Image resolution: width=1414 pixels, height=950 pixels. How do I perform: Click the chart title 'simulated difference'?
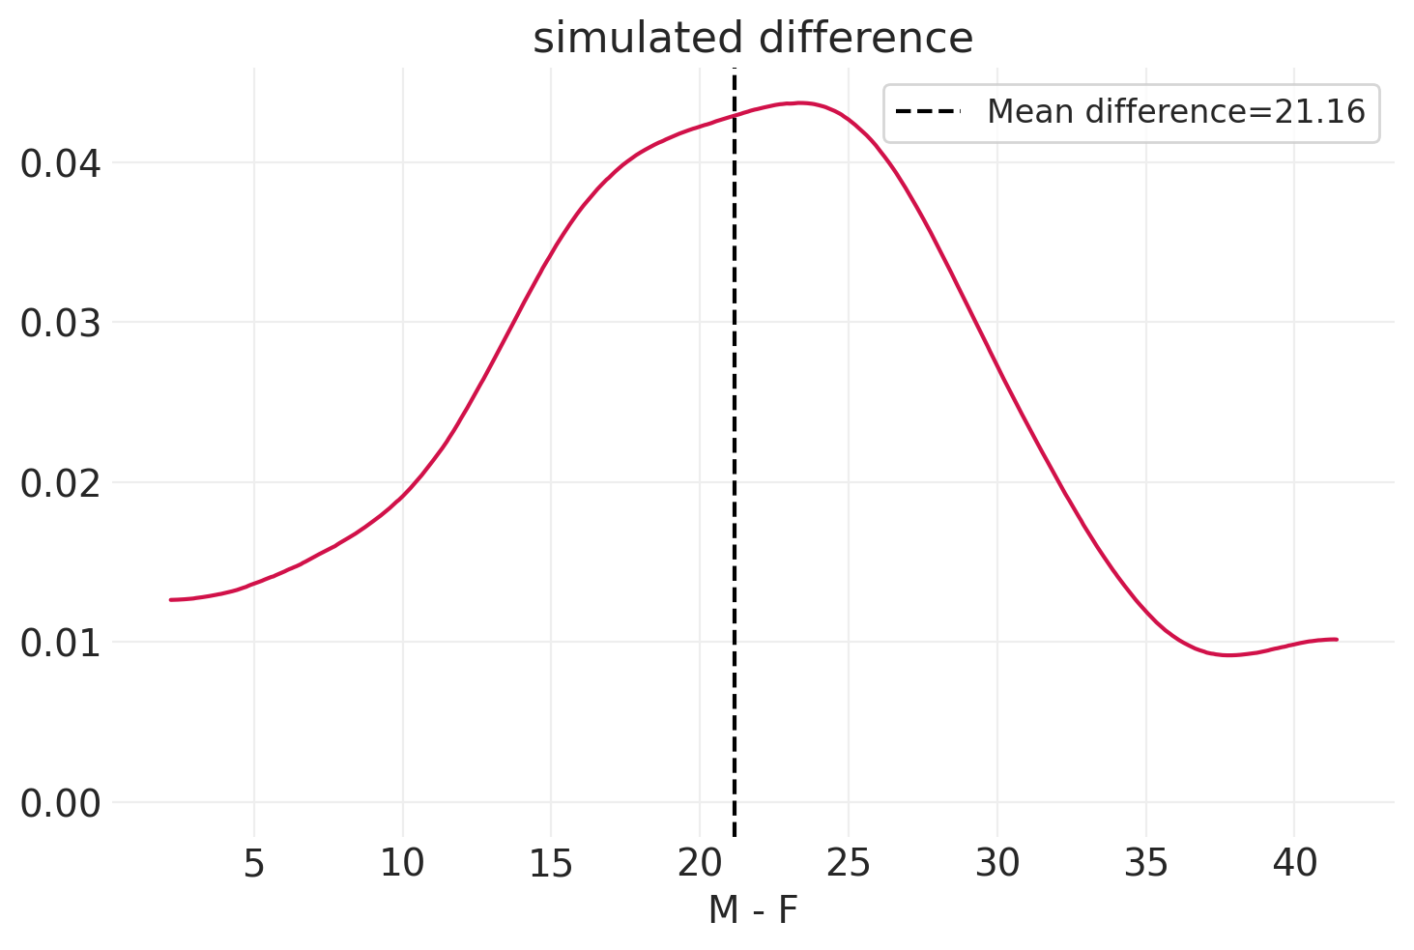pyautogui.click(x=753, y=39)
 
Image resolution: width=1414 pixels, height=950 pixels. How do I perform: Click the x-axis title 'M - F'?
pyautogui.click(x=753, y=910)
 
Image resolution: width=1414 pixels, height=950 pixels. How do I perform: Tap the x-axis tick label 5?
pyautogui.click(x=253, y=864)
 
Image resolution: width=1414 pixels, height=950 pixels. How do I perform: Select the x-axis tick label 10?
pyautogui.click(x=402, y=864)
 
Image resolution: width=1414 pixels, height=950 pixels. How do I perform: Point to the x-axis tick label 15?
pyautogui.click(x=551, y=864)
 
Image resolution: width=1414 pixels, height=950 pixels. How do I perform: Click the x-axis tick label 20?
pyautogui.click(x=700, y=864)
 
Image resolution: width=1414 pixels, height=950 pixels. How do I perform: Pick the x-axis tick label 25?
pyautogui.click(x=849, y=864)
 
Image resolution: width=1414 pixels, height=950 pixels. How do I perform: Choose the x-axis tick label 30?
pyautogui.click(x=997, y=864)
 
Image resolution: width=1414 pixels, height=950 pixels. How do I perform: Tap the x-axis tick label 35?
pyautogui.click(x=1146, y=864)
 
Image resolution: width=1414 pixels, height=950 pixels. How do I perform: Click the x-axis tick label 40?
pyautogui.click(x=1295, y=864)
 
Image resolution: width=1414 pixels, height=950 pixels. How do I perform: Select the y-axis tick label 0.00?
pyautogui.click(x=60, y=803)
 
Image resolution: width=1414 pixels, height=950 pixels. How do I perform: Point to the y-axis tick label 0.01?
pyautogui.click(x=60, y=643)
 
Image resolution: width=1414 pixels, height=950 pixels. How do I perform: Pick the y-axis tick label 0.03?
pyautogui.click(x=60, y=323)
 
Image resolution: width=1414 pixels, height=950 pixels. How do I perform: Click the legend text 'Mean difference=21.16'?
pyautogui.click(x=1175, y=112)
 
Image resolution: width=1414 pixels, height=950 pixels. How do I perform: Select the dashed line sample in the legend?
pyautogui.click(x=928, y=112)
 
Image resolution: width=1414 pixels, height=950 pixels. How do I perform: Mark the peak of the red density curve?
pyautogui.click(x=798, y=102)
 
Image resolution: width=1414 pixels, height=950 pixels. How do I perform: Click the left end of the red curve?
pyautogui.click(x=171, y=600)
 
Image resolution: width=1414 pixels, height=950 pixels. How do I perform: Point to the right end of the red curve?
pyautogui.click(x=1336, y=639)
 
